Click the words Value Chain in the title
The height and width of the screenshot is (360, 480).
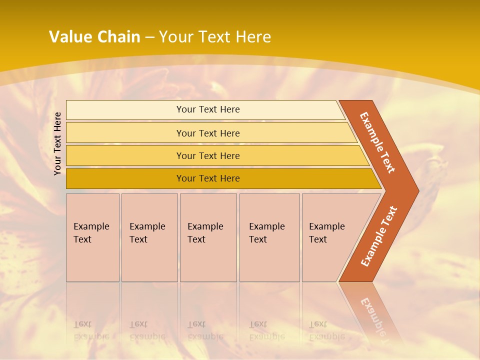[x=94, y=37]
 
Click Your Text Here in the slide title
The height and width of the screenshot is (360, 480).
[x=215, y=37]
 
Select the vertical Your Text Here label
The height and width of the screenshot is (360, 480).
[x=58, y=143]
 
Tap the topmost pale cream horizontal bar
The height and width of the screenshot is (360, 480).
[x=125, y=110]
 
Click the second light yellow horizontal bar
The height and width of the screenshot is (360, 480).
[x=125, y=133]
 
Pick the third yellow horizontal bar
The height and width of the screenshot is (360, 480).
[x=125, y=156]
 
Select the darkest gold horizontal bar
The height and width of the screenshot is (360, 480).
[x=125, y=178]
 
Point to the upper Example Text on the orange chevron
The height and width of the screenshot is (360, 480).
[x=378, y=142]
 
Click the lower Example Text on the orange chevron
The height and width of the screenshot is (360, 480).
[x=379, y=236]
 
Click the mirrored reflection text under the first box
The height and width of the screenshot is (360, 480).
[x=91, y=331]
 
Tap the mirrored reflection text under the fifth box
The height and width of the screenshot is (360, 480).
[x=327, y=331]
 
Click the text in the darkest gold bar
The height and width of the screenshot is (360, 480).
[x=208, y=178]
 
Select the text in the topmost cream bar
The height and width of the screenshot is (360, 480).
[x=208, y=109]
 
